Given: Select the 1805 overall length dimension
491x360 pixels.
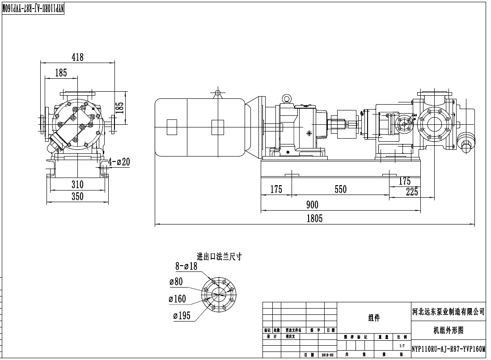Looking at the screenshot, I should click(314, 219).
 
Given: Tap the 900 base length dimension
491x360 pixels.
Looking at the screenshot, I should click(312, 205).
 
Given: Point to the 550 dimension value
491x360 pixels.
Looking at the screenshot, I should click(340, 190).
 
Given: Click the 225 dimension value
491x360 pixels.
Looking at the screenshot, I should click(411, 192).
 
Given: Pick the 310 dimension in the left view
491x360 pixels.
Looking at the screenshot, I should click(77, 184).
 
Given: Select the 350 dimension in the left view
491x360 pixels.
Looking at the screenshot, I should click(77, 196).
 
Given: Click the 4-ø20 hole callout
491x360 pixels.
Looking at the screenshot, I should click(119, 162).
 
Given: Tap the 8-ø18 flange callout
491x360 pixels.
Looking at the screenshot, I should click(187, 267).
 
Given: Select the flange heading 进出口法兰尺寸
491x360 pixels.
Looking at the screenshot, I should click(219, 257).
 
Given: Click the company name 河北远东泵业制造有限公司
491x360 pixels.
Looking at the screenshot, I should click(448, 311).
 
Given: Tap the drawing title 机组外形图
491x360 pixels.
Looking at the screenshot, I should click(448, 330).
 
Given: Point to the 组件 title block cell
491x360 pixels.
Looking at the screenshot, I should click(374, 318).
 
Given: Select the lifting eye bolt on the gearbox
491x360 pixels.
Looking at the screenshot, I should click(286, 98).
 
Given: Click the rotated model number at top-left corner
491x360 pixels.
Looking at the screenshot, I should click(34, 8).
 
